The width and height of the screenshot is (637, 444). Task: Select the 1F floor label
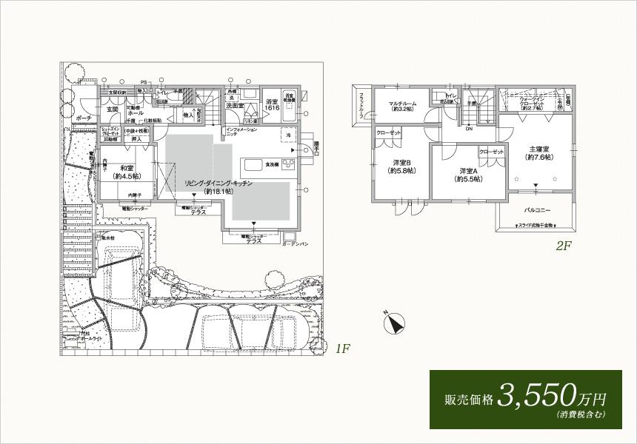(341, 349)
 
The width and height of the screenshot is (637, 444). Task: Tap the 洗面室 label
(236, 106)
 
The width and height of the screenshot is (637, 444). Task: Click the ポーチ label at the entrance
(84, 118)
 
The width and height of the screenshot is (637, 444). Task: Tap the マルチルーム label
(401, 104)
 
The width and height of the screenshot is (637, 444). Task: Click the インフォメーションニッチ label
(242, 132)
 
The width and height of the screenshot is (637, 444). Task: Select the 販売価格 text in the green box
(467, 399)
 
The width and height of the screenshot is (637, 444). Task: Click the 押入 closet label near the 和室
(136, 138)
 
